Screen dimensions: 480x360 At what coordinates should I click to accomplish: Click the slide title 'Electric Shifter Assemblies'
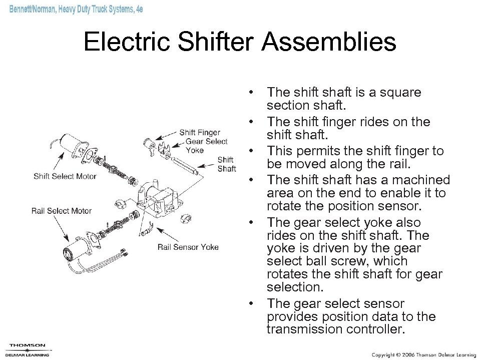click(240, 42)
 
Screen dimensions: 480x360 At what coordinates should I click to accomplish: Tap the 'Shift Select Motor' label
click(65, 176)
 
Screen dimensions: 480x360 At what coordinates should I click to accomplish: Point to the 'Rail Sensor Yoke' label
click(188, 247)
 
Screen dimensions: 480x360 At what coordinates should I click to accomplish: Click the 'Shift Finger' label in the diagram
click(199, 133)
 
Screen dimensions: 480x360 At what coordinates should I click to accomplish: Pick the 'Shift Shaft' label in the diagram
click(227, 164)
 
